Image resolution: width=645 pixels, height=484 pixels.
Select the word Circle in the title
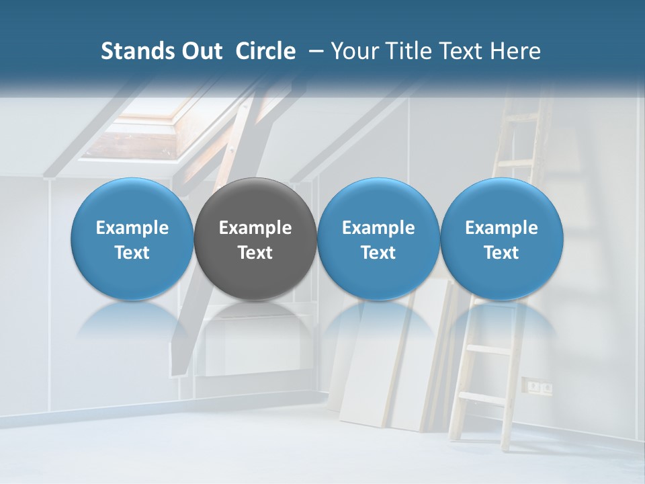(265, 51)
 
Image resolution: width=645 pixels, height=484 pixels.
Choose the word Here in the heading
(515, 51)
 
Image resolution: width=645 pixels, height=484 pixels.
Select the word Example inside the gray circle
(255, 228)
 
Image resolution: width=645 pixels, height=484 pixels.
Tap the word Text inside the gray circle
(255, 253)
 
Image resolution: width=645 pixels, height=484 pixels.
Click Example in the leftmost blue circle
(132, 228)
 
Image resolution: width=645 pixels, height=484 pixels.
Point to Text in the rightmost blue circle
(501, 253)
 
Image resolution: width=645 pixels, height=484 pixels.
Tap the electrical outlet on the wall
(540, 387)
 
